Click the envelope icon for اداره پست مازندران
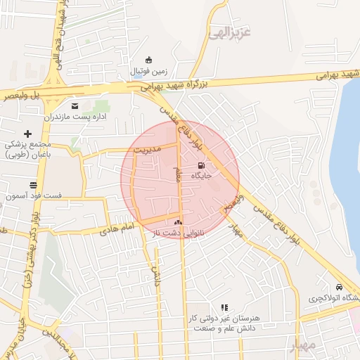[74, 106]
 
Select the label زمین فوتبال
[148, 72]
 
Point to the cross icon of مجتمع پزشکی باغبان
[28, 133]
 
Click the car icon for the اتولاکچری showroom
[339, 288]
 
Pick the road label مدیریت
[148, 150]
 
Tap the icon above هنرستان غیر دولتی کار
[224, 308]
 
